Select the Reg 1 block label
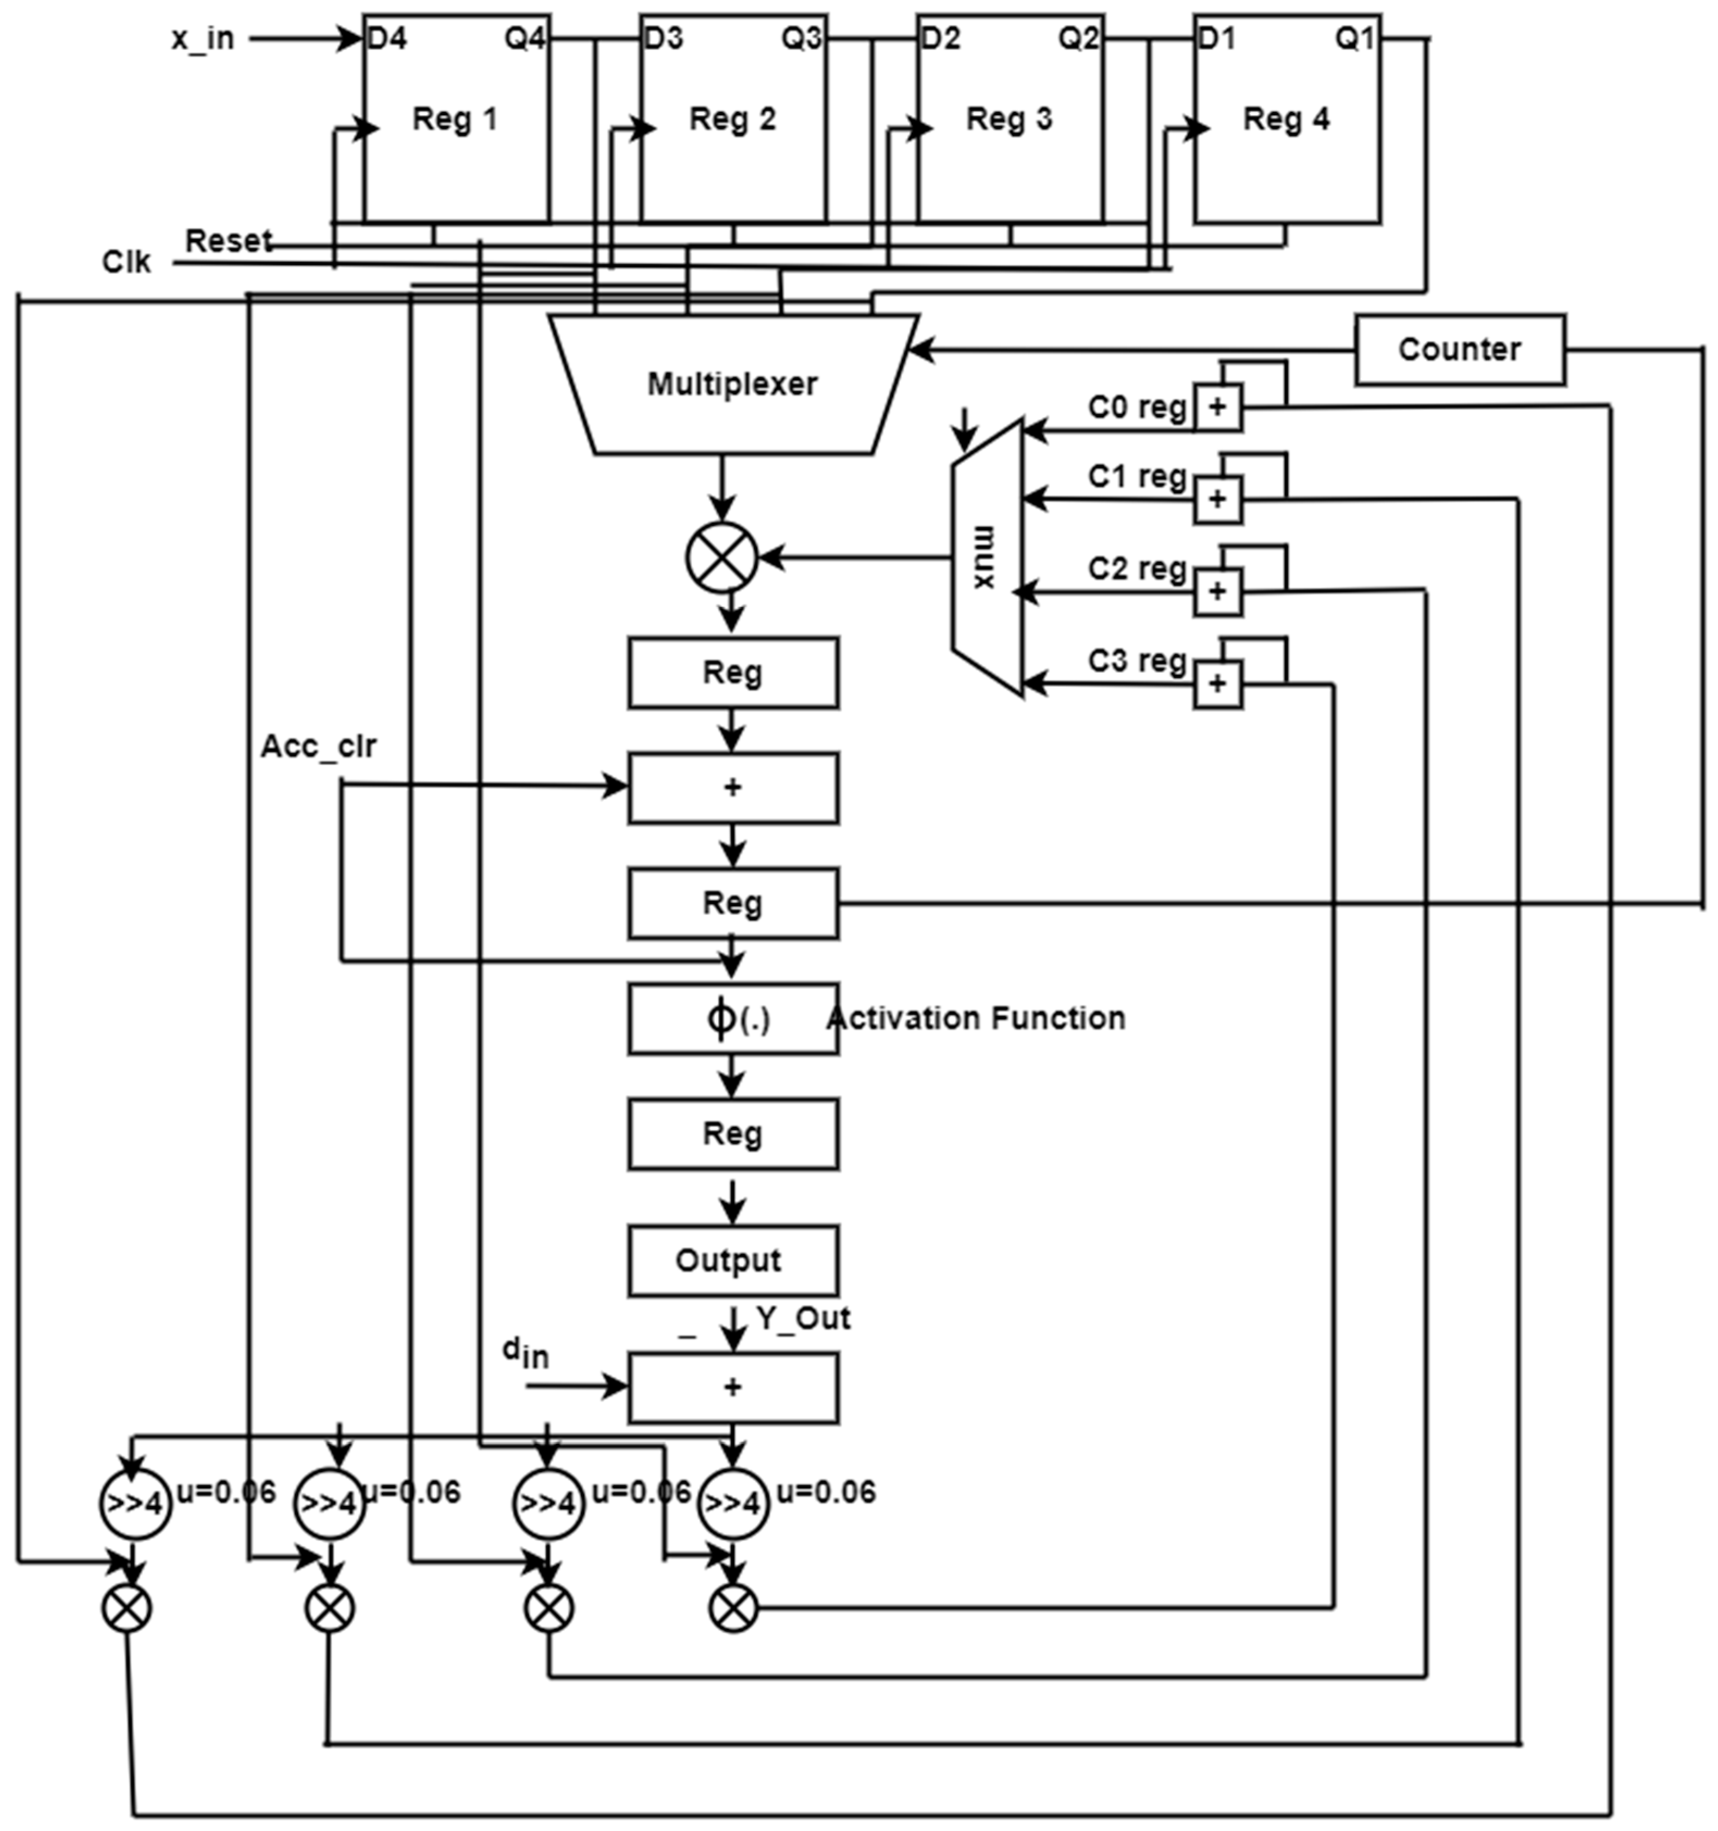coord(455,119)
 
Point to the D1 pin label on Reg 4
coord(1216,39)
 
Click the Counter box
coord(1459,349)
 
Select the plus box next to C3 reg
coord(1218,683)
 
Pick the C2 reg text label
coord(1137,568)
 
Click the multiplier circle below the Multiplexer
coord(721,557)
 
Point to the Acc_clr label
coord(318,746)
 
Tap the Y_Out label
coord(803,1318)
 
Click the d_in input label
coord(525,1352)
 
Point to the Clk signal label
coord(126,263)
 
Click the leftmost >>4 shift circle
coord(134,1504)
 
